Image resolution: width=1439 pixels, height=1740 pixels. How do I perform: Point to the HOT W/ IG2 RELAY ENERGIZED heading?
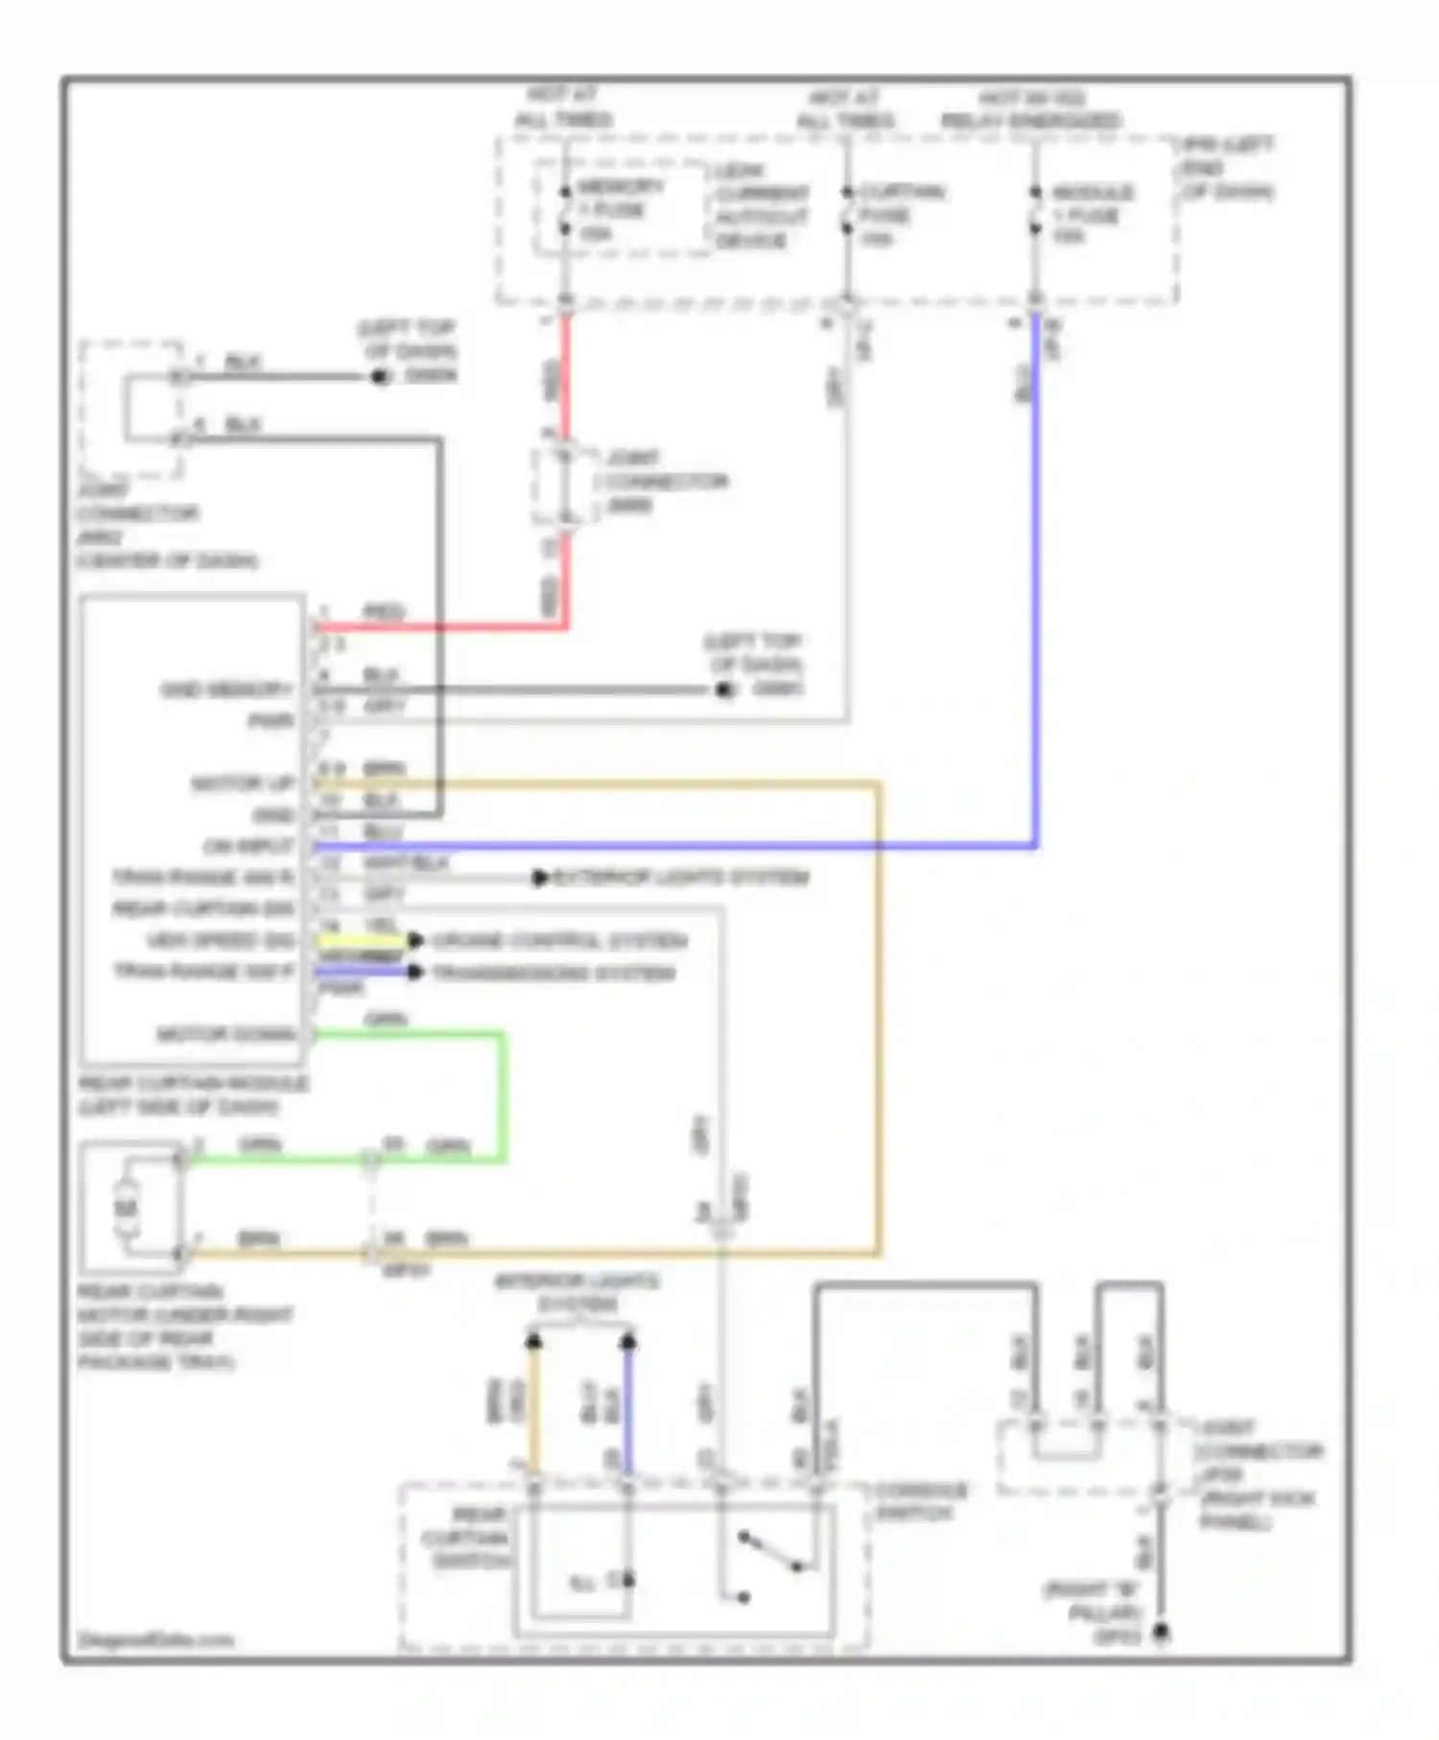click(x=1031, y=109)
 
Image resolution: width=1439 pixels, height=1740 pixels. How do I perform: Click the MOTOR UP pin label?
click(x=242, y=784)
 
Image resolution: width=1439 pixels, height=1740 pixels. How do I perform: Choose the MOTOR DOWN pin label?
click(x=226, y=1034)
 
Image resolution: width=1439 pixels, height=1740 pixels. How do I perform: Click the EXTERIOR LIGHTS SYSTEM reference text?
click(x=682, y=877)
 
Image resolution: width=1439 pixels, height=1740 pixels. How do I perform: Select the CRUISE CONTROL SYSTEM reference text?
click(x=559, y=940)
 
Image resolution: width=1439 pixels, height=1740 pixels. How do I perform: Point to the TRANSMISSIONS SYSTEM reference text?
click(x=554, y=973)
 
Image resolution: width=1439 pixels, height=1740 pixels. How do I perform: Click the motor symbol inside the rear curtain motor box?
click(x=127, y=1207)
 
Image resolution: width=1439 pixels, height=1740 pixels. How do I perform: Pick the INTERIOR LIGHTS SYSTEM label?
click(x=578, y=1292)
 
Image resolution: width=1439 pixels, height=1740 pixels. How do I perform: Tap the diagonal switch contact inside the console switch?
click(x=770, y=1553)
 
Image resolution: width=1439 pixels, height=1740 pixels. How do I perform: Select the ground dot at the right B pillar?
click(x=1161, y=1632)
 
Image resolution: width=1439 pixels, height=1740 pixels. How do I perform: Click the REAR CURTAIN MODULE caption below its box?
click(x=192, y=1094)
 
